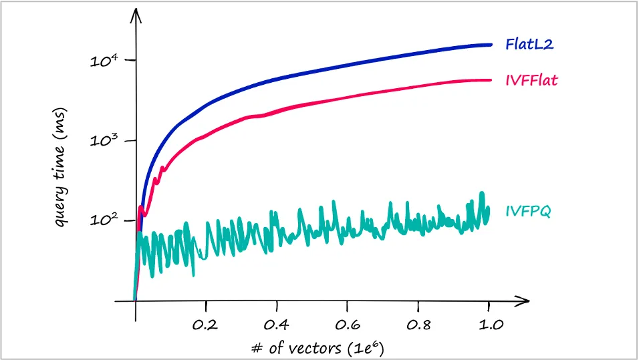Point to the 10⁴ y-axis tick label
(x=104, y=61)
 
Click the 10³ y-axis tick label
(x=104, y=142)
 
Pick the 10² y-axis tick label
(x=104, y=221)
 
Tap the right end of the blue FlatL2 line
(x=491, y=45)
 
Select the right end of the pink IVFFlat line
(x=491, y=80)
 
